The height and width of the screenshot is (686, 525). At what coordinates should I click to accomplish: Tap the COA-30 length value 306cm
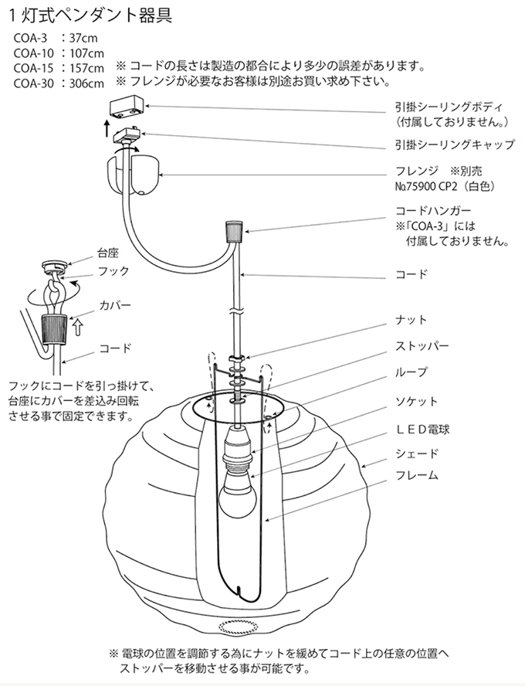tap(86, 83)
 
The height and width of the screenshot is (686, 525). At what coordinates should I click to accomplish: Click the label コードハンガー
tap(432, 210)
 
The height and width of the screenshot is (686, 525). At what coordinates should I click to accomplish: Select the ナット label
tap(411, 320)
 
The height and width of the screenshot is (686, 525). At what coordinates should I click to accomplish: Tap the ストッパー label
tap(422, 346)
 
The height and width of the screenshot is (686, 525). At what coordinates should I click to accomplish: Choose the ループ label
tap(411, 372)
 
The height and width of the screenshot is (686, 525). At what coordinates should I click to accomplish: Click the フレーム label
tap(417, 476)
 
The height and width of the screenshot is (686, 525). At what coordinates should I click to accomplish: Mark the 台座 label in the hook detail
tap(107, 253)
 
